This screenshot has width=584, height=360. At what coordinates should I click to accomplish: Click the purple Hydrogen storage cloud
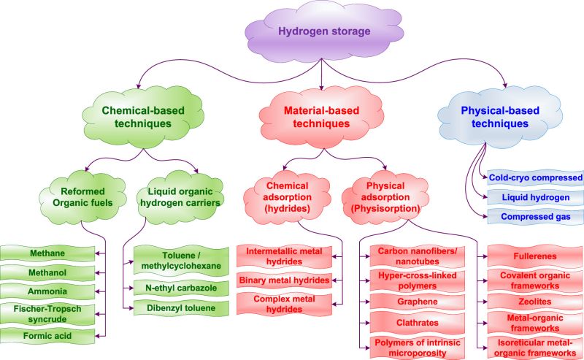[x=323, y=32]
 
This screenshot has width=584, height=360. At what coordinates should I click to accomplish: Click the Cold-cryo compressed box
[x=535, y=177]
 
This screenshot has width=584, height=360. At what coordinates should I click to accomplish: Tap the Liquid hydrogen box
[x=535, y=197]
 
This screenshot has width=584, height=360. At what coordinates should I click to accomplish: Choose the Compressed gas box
[x=535, y=217]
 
